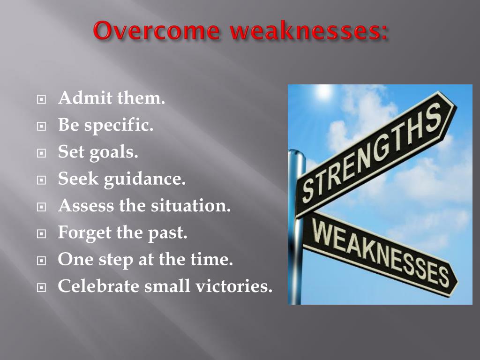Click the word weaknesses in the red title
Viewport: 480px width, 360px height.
tap(307, 31)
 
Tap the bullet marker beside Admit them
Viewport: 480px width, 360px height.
tap(41, 100)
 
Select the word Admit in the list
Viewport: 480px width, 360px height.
tap(78, 99)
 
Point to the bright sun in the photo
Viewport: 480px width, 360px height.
tap(323, 91)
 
